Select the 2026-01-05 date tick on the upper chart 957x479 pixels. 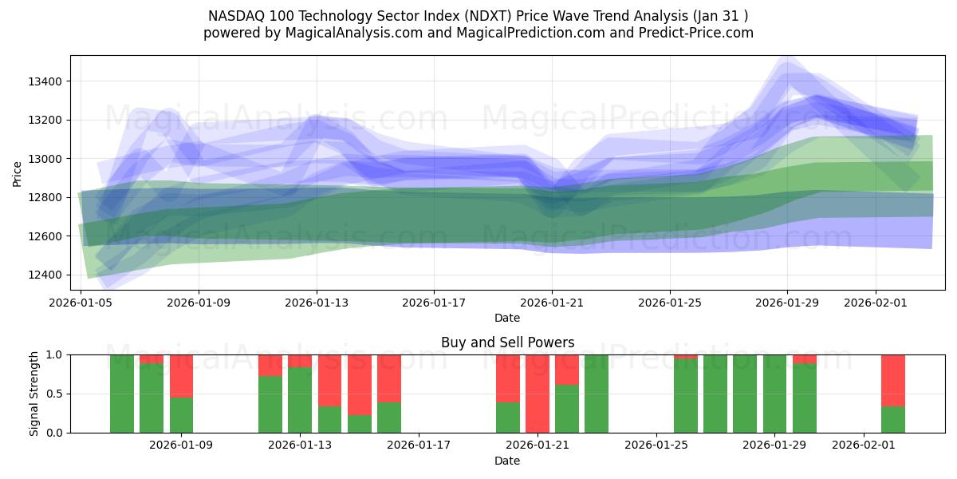coord(81,303)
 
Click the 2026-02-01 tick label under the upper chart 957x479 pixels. coord(876,303)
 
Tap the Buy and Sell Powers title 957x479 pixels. coord(507,342)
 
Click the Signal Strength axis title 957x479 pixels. coord(33,394)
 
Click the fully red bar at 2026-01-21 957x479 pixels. coord(538,394)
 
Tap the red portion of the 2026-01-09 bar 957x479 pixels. coord(181,375)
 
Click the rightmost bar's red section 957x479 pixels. coord(893,379)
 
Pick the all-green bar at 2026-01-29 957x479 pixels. coord(774,394)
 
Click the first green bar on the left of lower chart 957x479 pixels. coord(122,394)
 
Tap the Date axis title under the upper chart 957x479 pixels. coord(507,318)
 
